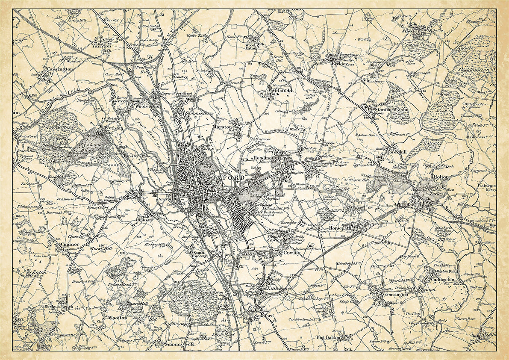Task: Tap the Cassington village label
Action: coord(60,69)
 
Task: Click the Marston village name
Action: coord(222,127)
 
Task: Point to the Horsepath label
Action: coord(341,229)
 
